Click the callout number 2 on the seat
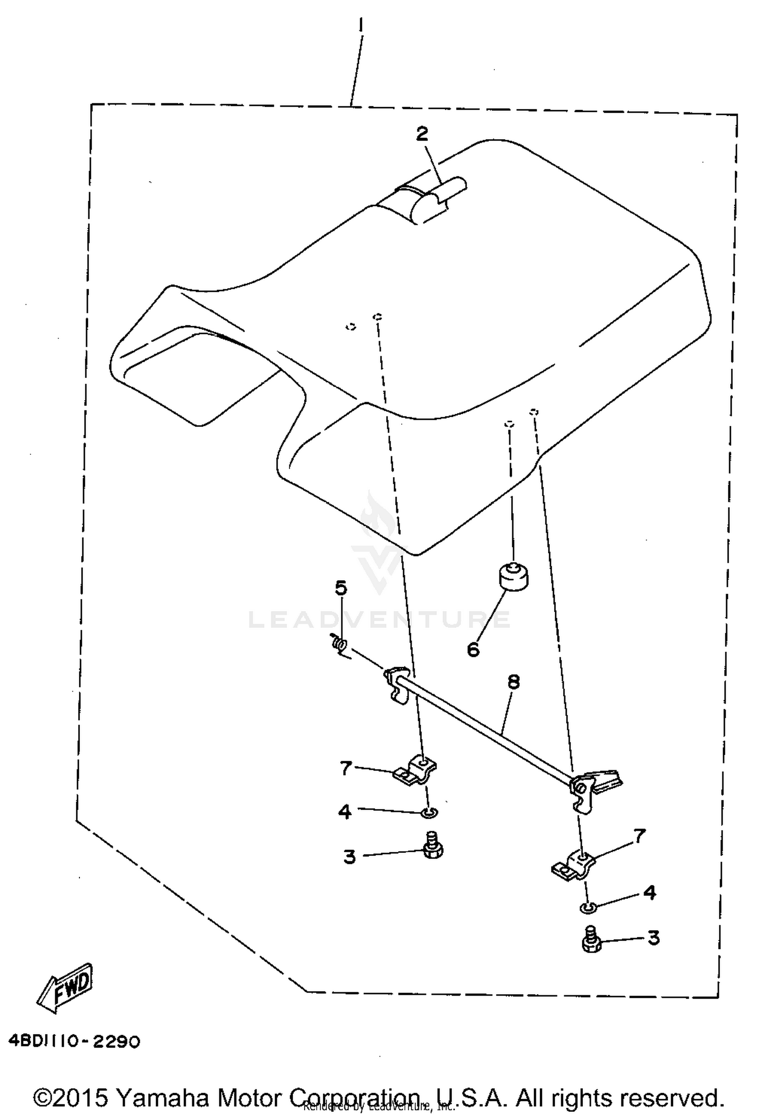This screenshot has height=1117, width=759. click(x=422, y=134)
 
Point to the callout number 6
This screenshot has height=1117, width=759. click(x=473, y=650)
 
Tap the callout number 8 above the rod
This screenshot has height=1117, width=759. click(x=513, y=682)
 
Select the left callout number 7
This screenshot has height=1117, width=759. click(x=346, y=768)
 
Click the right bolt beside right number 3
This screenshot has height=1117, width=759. click(x=590, y=939)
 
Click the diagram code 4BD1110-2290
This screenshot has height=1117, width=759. click(x=74, y=1042)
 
